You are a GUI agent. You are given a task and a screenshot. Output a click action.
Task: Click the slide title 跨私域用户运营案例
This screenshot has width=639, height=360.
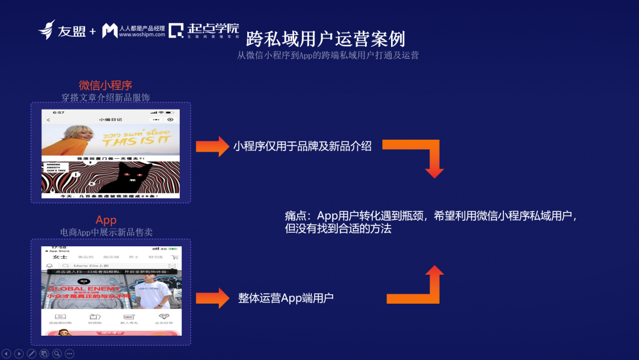point(325,39)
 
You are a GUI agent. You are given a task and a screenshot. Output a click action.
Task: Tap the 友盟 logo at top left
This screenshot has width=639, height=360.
point(63,30)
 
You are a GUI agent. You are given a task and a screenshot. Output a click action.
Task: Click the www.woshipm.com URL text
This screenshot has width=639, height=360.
point(142,35)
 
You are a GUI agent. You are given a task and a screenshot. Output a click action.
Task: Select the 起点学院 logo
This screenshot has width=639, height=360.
point(204,30)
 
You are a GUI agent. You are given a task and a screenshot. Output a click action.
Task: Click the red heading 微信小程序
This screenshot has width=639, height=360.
point(105,85)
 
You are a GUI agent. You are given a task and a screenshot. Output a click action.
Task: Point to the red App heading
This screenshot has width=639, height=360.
point(106,220)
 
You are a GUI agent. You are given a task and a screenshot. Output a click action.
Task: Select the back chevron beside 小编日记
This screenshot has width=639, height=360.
point(48,120)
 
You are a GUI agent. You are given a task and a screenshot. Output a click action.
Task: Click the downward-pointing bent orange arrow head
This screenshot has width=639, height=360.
point(434,171)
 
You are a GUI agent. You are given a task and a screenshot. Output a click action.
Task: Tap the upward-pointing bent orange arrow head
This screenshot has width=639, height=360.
point(434,274)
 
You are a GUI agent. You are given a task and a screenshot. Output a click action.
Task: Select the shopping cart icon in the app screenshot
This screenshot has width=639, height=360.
point(174,257)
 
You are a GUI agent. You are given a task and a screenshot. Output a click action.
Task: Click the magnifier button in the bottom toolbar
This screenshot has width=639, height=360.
point(57,353)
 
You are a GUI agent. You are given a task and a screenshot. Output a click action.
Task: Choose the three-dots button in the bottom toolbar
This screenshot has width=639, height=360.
point(69,353)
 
